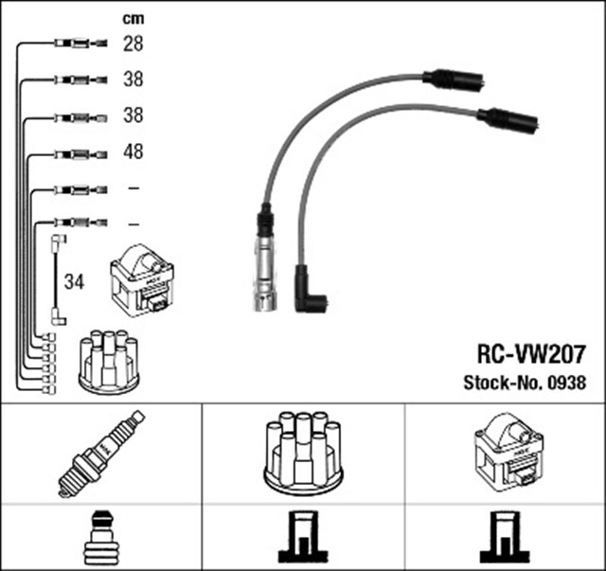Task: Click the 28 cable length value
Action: (133, 43)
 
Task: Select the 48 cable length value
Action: (133, 152)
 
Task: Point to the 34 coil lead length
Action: (73, 282)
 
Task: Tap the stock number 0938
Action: (566, 384)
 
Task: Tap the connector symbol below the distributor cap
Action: (302, 538)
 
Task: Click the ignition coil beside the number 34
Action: (142, 280)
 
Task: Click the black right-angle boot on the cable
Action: (310, 291)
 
